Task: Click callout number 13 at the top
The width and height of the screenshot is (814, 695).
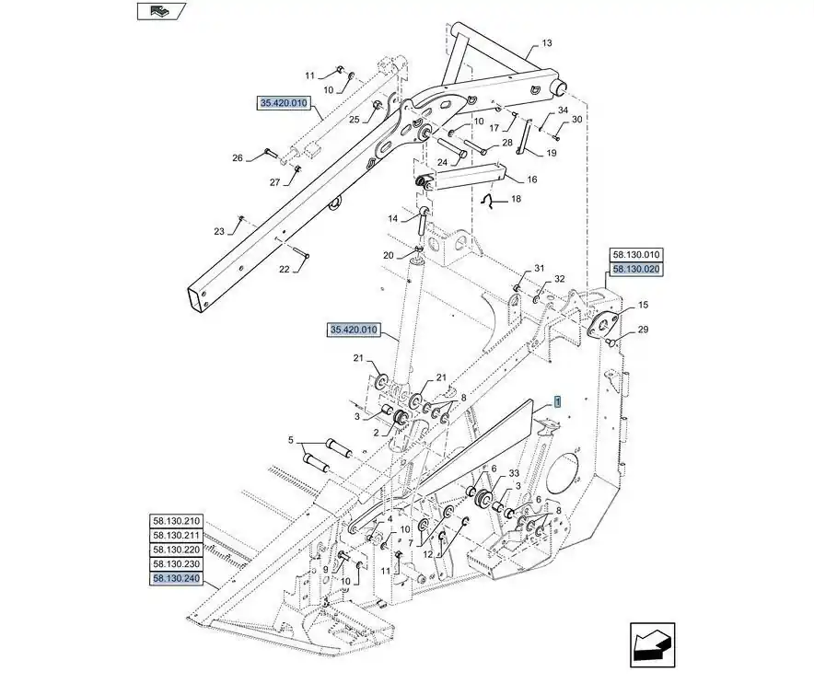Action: pyautogui.click(x=546, y=43)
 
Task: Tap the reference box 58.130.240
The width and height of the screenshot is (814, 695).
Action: pyautogui.click(x=177, y=578)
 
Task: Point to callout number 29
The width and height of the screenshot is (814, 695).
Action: pyautogui.click(x=644, y=330)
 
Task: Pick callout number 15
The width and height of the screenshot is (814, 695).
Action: pyautogui.click(x=643, y=305)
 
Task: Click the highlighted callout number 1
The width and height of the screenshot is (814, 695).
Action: pyautogui.click(x=556, y=402)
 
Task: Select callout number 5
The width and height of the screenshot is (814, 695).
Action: pyautogui.click(x=292, y=440)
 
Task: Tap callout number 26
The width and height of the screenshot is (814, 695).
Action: pyautogui.click(x=237, y=157)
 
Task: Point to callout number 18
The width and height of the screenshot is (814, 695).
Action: pyautogui.click(x=515, y=199)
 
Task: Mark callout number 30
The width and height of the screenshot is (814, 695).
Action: pyautogui.click(x=576, y=120)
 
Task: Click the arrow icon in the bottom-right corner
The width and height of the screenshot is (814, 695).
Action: pyautogui.click(x=652, y=643)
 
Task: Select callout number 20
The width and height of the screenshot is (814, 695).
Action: pyautogui.click(x=389, y=255)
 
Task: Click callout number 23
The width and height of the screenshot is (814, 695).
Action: pyautogui.click(x=219, y=231)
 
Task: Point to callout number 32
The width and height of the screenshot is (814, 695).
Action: pyautogui.click(x=559, y=279)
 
